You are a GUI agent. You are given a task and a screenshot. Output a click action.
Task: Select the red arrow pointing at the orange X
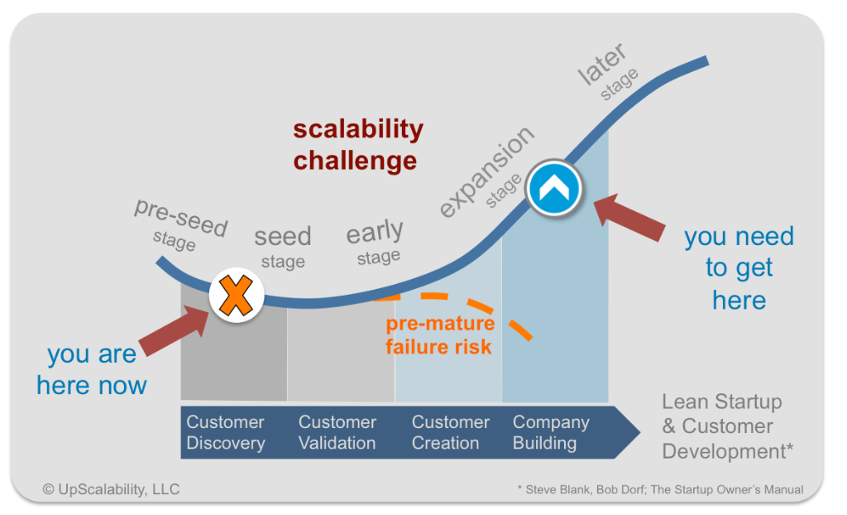[x=173, y=331]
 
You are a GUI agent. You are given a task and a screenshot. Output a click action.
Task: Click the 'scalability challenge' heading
[x=357, y=144]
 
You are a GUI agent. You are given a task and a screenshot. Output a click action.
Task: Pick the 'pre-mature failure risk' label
[x=439, y=335]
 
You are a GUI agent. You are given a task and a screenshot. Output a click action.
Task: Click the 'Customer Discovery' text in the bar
[x=225, y=432]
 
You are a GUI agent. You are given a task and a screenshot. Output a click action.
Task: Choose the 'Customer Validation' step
[x=337, y=432]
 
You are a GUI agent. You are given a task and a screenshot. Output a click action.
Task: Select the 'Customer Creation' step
[x=450, y=432]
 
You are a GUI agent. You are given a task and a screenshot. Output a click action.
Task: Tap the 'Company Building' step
[x=550, y=432]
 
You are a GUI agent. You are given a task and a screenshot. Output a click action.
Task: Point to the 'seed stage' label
[x=283, y=247]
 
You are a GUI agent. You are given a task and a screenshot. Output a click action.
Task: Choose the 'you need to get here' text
[x=739, y=268]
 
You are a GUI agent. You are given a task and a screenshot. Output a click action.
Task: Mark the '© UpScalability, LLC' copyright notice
[x=111, y=489]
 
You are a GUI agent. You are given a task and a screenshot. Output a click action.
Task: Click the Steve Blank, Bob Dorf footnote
[x=659, y=489]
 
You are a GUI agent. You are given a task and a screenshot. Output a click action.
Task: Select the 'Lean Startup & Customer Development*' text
[x=720, y=427]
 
